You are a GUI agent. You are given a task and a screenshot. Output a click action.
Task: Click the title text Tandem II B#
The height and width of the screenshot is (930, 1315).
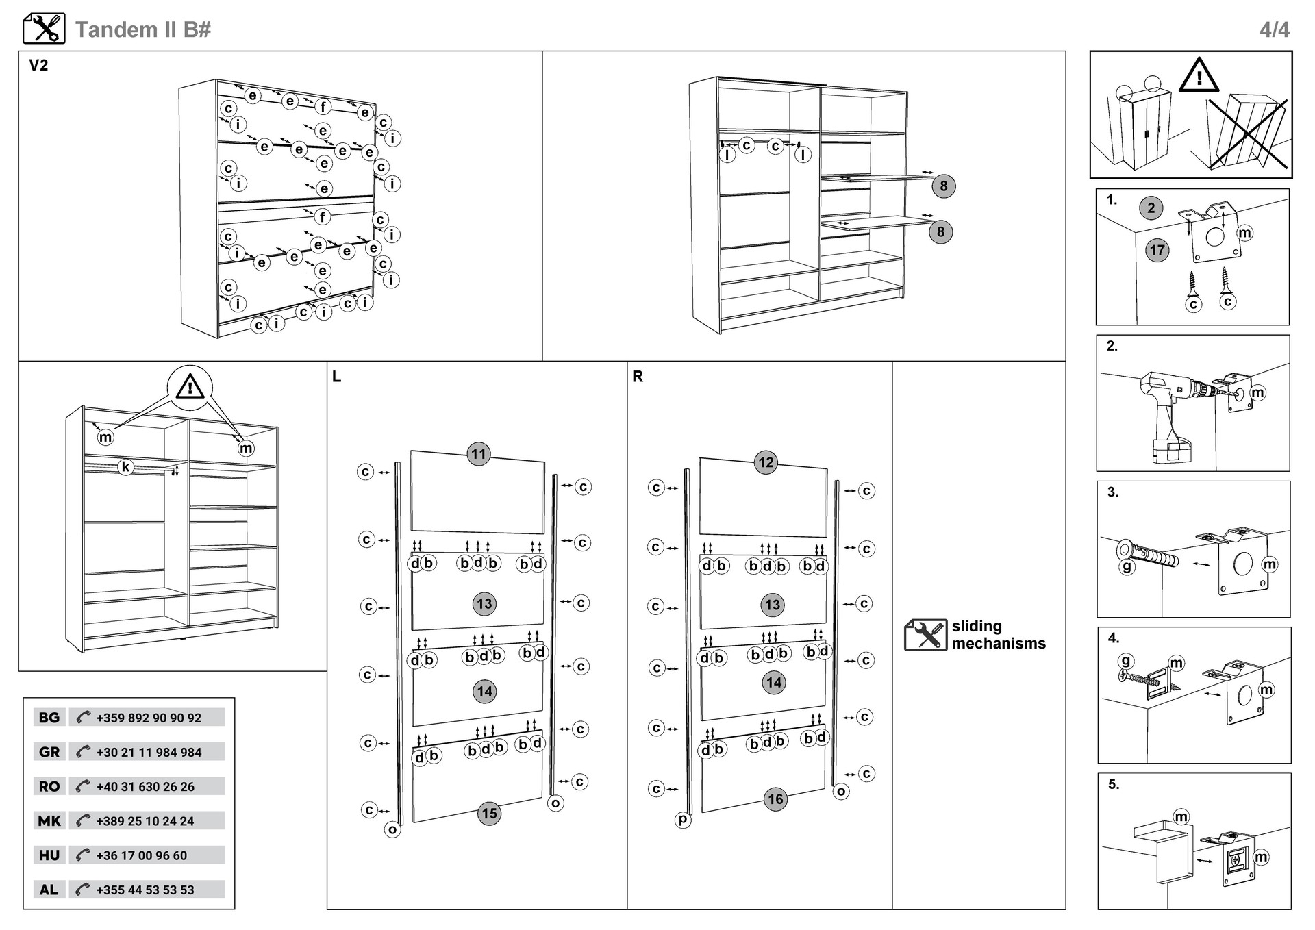tap(142, 29)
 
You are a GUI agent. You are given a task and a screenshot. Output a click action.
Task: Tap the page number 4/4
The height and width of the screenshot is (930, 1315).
tap(1274, 29)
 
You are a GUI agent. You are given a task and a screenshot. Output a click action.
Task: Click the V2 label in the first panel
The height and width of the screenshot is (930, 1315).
tap(38, 66)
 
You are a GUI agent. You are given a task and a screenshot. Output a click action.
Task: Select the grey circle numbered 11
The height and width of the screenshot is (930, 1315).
tap(479, 453)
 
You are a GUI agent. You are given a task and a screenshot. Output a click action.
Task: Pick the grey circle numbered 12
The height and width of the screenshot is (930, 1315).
tap(766, 462)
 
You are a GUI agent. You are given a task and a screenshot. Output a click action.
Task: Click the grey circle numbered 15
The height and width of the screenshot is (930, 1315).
tap(489, 814)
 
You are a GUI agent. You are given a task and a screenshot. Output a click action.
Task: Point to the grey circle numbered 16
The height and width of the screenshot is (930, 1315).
tap(775, 799)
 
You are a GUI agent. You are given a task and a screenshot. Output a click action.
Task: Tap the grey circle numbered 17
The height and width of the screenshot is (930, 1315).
tap(1157, 250)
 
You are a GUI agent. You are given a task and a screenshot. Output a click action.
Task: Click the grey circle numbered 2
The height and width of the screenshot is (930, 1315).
tap(1151, 208)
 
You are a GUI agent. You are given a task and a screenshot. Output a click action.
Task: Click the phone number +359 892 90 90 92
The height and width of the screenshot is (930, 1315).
tap(149, 718)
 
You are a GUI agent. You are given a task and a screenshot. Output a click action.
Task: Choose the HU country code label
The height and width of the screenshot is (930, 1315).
tap(49, 855)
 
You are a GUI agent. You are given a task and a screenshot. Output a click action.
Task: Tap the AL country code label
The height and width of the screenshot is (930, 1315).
tap(49, 890)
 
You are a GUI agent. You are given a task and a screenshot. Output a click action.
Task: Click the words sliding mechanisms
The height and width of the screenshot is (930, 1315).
tap(998, 635)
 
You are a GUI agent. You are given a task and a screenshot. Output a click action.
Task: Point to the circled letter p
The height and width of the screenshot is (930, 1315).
tap(682, 819)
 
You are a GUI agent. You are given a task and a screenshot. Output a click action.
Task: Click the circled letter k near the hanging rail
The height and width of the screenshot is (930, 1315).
tap(125, 467)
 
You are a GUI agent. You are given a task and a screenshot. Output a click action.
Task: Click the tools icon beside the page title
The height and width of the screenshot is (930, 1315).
tap(44, 29)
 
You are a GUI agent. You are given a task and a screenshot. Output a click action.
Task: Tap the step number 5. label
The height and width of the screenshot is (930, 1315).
tap(1114, 784)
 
